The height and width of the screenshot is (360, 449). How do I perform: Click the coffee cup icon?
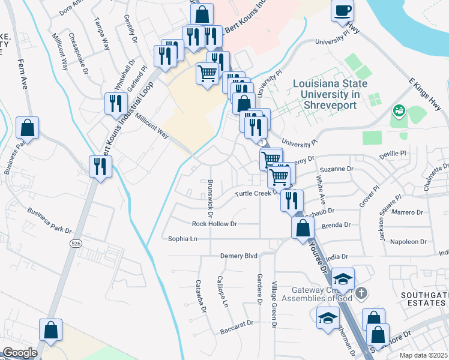[343, 11]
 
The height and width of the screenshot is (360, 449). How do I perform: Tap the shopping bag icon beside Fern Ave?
[27, 128]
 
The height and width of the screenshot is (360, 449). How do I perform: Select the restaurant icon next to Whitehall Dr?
[115, 103]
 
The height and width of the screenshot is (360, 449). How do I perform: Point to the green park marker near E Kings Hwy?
[398, 111]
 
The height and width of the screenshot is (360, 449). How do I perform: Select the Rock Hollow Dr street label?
[214, 224]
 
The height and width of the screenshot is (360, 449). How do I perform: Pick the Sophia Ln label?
[182, 238]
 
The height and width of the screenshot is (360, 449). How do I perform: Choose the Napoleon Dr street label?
[409, 242]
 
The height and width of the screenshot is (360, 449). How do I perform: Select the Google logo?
[20, 353]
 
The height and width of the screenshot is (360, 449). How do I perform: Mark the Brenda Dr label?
[336, 225]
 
